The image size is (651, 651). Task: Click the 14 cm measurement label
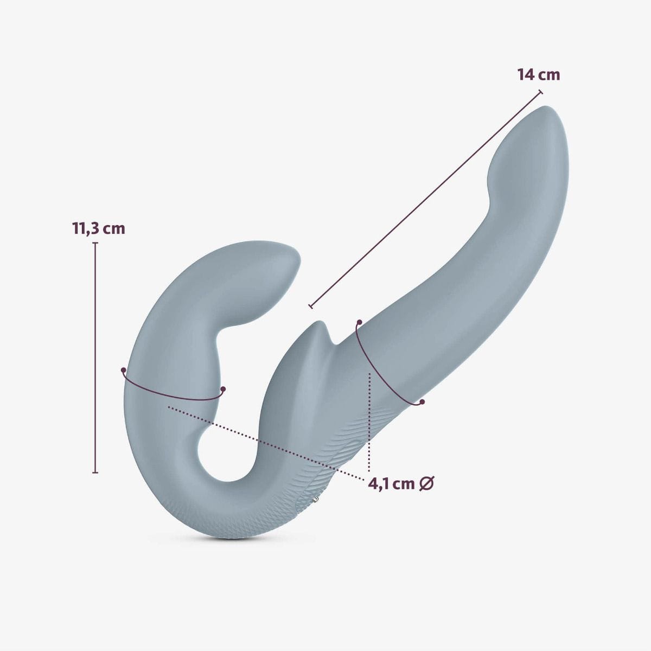(x=538, y=74)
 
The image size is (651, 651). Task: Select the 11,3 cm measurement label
(x=99, y=228)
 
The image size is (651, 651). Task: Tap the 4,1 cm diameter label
(x=391, y=483)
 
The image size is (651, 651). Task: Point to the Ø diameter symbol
(x=427, y=483)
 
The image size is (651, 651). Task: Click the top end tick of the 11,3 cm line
(x=95, y=243)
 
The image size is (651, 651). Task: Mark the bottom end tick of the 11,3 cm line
(x=95, y=473)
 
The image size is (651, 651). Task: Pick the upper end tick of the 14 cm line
(x=540, y=93)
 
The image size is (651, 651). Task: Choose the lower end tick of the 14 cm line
(x=311, y=307)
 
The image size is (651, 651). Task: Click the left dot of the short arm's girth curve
(x=124, y=370)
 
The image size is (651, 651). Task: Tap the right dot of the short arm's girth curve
(x=223, y=389)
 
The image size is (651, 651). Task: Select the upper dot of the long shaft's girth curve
(x=359, y=323)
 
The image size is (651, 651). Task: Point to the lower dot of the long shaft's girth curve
(x=422, y=402)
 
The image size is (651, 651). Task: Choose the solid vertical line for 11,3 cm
(x=95, y=358)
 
